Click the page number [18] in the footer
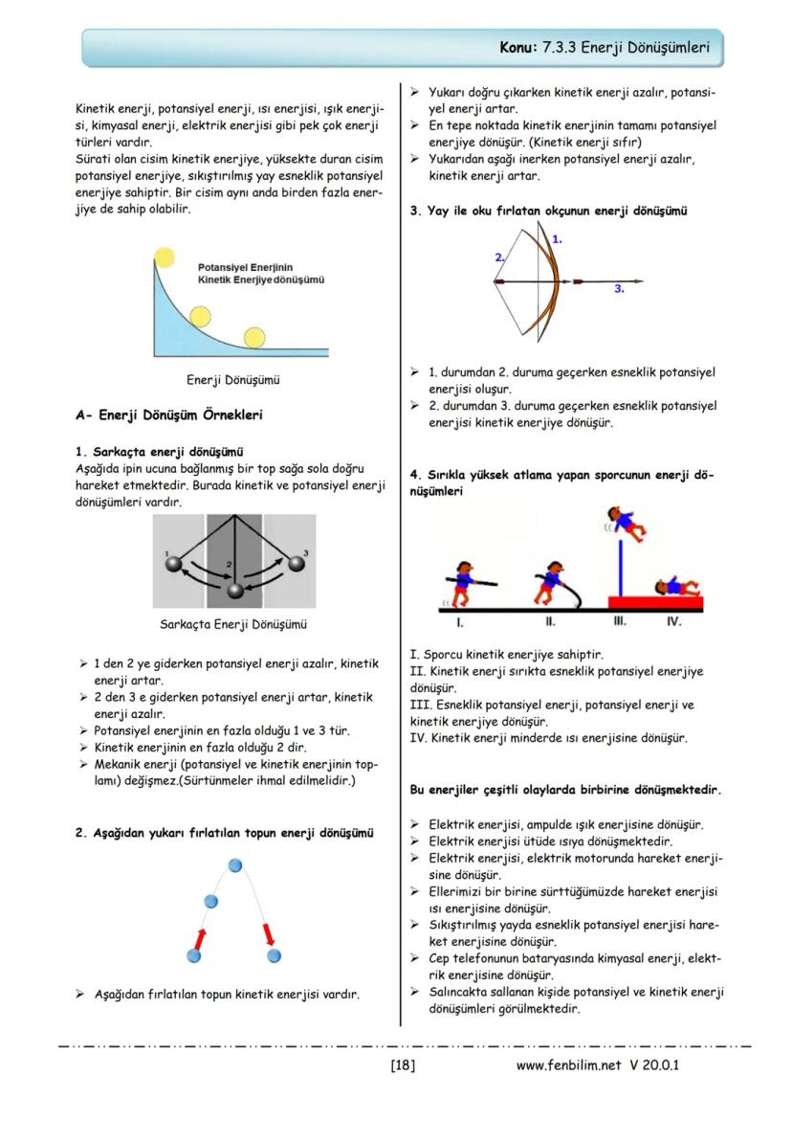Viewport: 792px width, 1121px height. point(403,1065)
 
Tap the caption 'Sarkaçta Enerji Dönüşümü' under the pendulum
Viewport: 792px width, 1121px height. point(232,624)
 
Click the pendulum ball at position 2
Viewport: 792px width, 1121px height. point(234,590)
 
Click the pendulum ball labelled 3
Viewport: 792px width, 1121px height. point(296,564)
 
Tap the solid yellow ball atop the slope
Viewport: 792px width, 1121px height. point(165,256)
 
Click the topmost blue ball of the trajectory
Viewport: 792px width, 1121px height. point(236,866)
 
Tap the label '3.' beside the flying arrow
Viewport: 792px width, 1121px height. point(619,287)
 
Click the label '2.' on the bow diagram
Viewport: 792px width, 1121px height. point(499,257)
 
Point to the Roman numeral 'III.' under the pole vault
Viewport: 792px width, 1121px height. point(620,621)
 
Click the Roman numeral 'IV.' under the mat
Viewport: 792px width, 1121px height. point(673,621)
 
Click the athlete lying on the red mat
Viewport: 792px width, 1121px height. point(676,587)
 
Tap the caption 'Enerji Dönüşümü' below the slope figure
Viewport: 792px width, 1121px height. point(232,379)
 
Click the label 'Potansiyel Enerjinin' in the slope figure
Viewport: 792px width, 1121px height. point(245,267)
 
